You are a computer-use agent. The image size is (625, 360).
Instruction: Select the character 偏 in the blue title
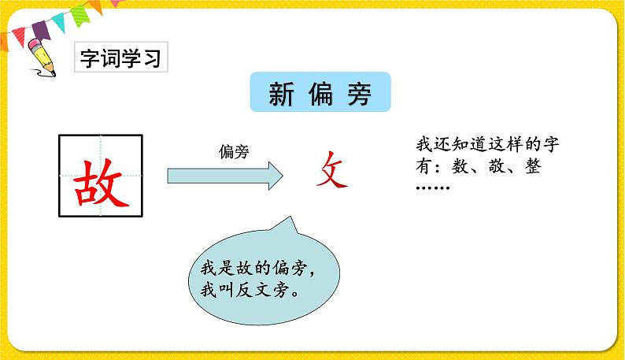point(320,95)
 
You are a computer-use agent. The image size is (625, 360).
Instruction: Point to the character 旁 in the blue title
point(359,95)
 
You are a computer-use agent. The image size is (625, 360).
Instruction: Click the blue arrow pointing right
point(224,175)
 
